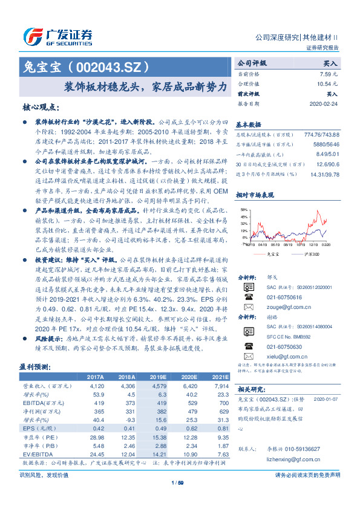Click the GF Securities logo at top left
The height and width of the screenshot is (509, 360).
[x=57, y=36]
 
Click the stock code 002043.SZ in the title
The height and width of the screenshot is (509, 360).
[x=108, y=66]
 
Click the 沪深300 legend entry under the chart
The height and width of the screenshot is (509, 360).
[x=311, y=254]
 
